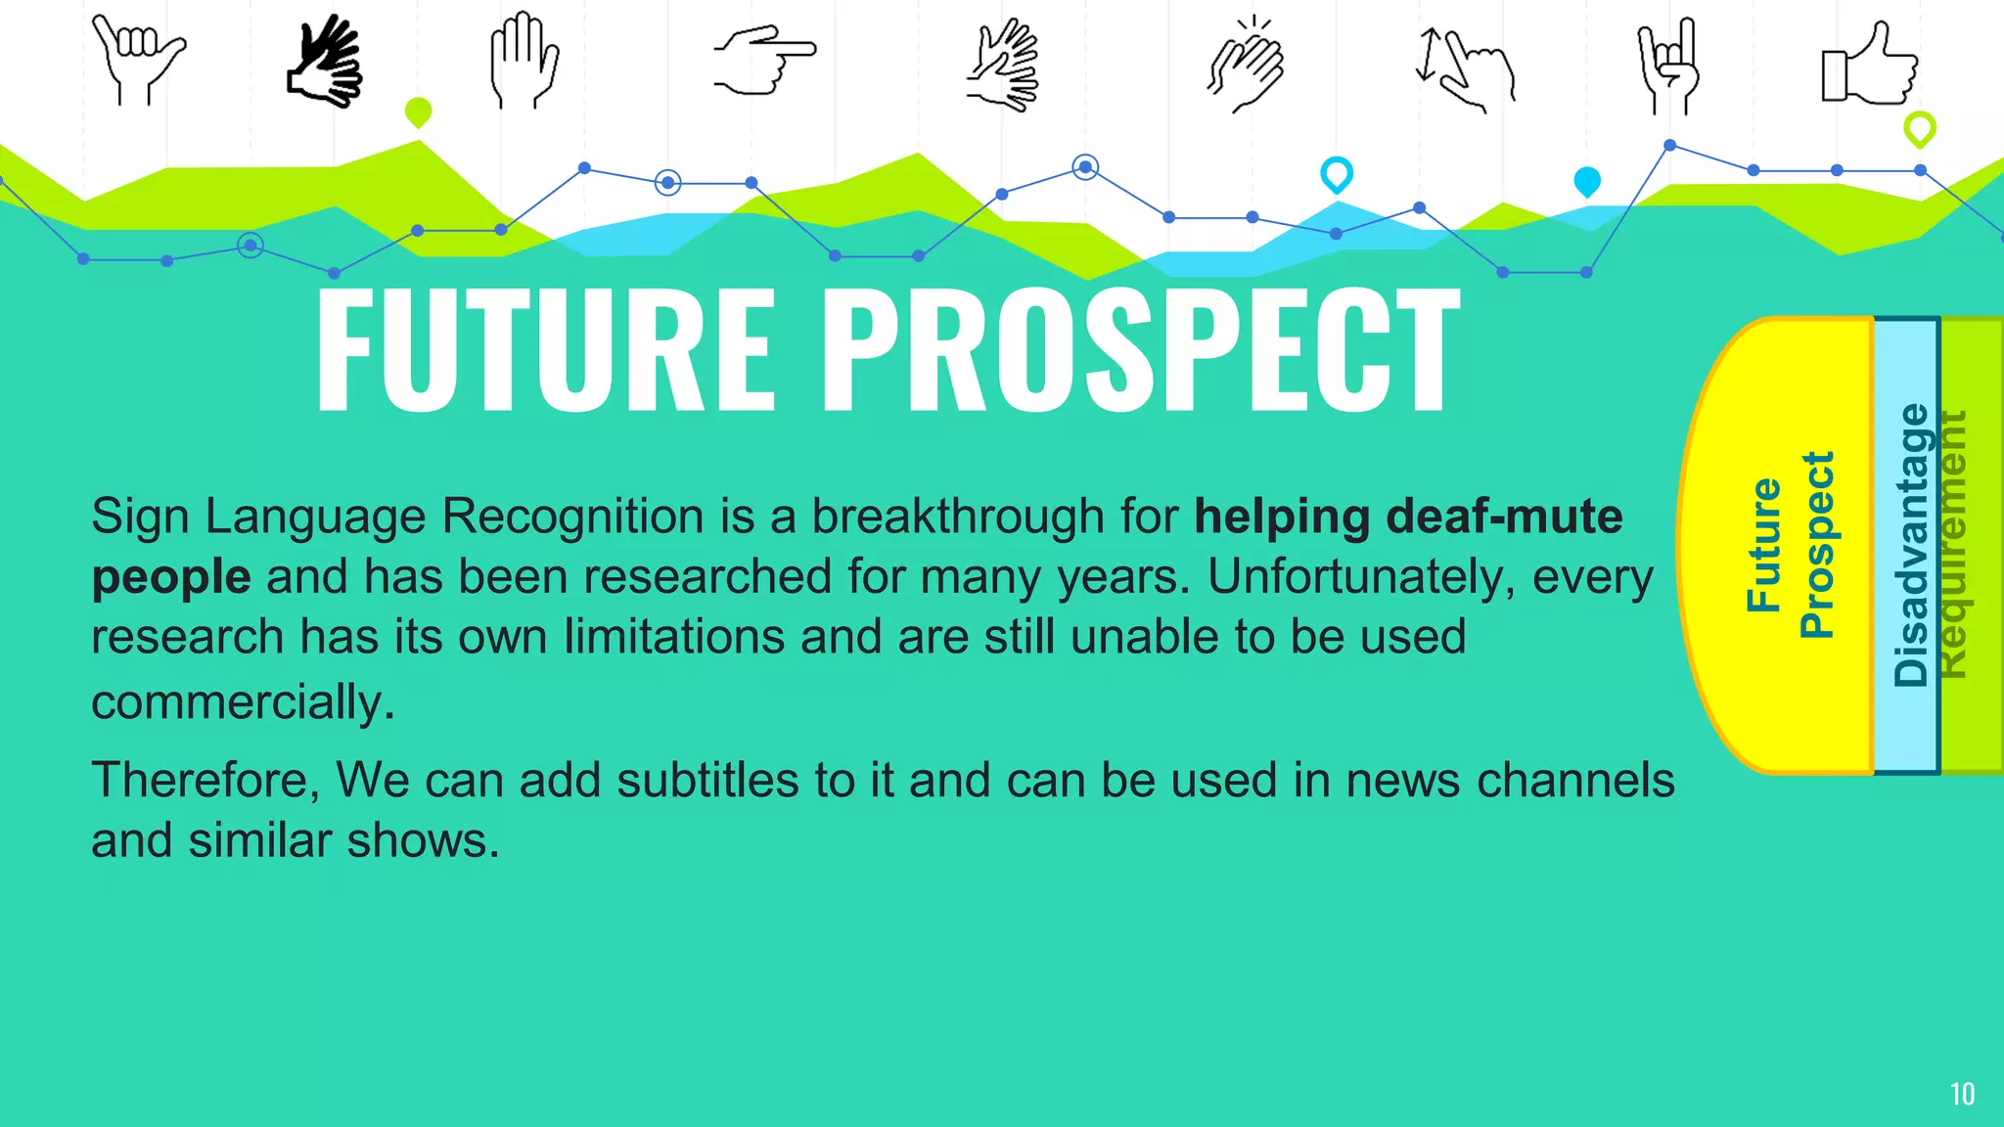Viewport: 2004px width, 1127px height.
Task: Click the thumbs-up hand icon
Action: [x=1869, y=65]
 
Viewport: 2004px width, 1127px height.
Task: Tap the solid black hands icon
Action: [x=326, y=61]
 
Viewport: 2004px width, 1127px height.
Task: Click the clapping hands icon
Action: [x=1246, y=67]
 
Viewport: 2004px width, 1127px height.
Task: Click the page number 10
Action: [x=1962, y=1094]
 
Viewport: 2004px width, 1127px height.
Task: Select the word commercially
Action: [x=243, y=702]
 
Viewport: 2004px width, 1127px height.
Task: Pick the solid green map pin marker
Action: [x=418, y=112]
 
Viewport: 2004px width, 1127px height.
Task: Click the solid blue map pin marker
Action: [x=1586, y=181]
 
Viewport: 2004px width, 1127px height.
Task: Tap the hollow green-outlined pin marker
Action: [x=1919, y=128]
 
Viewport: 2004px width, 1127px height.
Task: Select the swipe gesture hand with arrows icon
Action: [x=1465, y=67]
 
